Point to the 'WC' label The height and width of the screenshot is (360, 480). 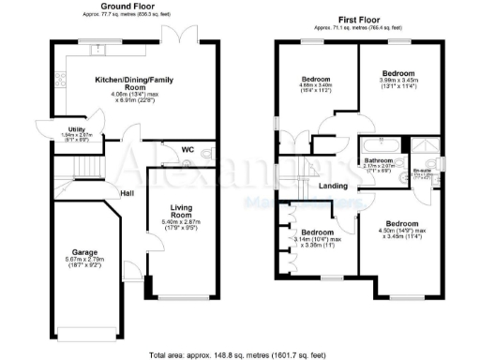[187, 149]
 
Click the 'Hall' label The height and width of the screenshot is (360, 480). [127, 193]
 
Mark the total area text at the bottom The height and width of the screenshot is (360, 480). [240, 353]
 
